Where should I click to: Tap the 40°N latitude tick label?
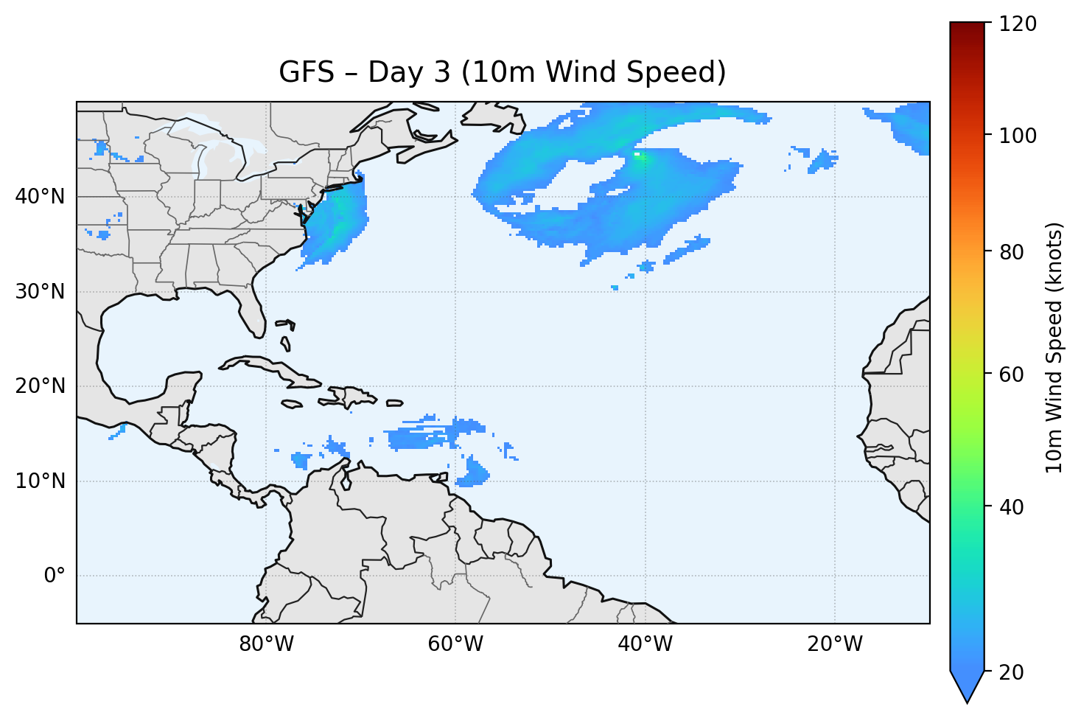[41, 197]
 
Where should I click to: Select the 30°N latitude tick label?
[41, 292]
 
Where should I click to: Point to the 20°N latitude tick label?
[41, 386]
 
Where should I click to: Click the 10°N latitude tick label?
[41, 481]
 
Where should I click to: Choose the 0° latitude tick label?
[54, 576]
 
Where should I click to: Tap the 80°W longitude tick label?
[266, 644]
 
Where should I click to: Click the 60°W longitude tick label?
[455, 644]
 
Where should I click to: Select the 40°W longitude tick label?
[645, 644]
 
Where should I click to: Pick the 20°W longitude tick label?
[834, 644]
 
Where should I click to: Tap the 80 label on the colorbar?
[1014, 252]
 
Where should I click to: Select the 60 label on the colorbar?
[1014, 374]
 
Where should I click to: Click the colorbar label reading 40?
[1014, 507]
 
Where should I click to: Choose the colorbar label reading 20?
[1014, 672]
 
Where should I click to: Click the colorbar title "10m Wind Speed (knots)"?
[1054, 347]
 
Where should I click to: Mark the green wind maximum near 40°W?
[638, 155]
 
